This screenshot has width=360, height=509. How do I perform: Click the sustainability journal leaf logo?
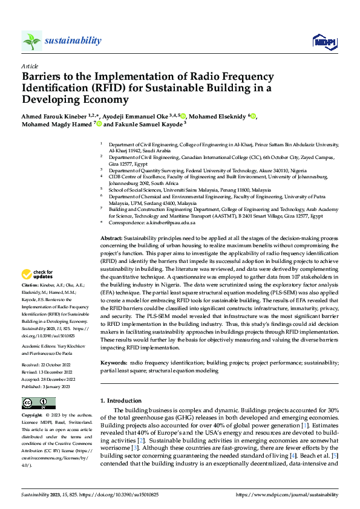tap(32, 41)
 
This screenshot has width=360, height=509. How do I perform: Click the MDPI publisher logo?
tap(322, 41)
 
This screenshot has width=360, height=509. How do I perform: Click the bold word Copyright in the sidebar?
tap(31, 417)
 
